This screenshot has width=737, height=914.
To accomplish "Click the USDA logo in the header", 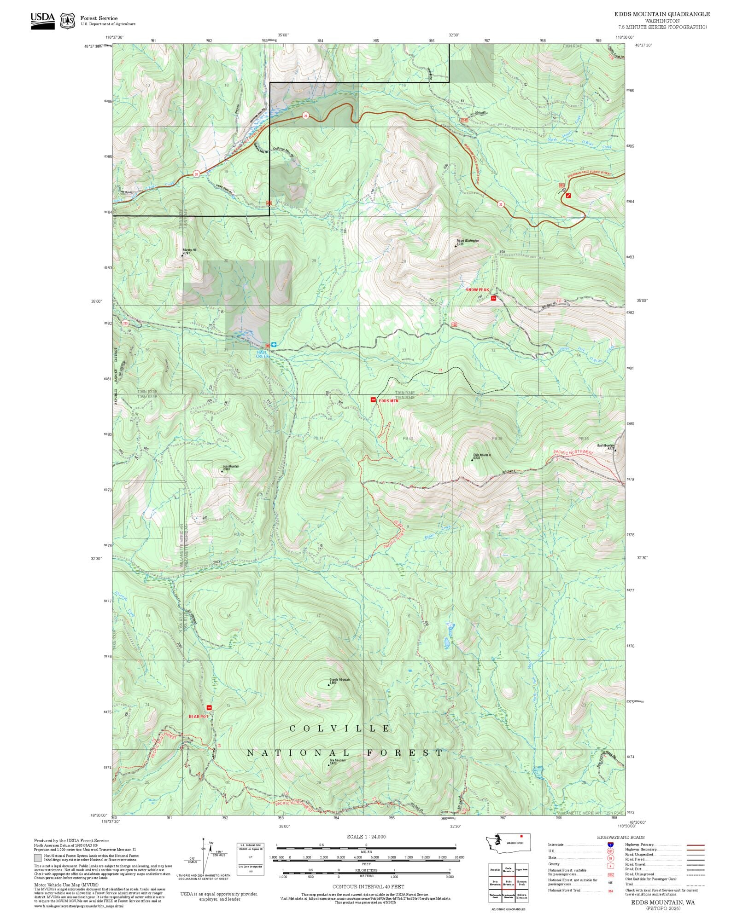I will pyautogui.click(x=42, y=21).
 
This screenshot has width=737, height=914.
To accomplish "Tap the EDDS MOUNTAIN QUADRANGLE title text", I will pyautogui.click(x=662, y=14).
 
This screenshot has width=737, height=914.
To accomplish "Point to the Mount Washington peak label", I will pyautogui.click(x=467, y=241).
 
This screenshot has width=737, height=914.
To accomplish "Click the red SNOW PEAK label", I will pyautogui.click(x=477, y=290).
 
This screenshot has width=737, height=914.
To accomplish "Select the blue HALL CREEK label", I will pyautogui.click(x=262, y=354).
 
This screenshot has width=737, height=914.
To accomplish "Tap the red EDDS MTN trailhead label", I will pyautogui.click(x=388, y=401).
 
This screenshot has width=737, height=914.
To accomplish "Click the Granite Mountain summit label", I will pyautogui.click(x=339, y=680).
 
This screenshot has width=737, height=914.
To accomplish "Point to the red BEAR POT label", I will pyautogui.click(x=199, y=717).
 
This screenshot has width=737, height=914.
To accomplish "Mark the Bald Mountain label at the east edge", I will pyautogui.click(x=606, y=445).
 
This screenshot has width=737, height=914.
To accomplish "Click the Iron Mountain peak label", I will pyautogui.click(x=231, y=467).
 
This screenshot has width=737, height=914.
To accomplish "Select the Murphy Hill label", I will pyautogui.click(x=189, y=250).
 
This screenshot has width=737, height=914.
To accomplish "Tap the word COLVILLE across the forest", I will pyautogui.click(x=340, y=729).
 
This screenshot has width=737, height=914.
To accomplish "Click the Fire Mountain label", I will pyautogui.click(x=337, y=760).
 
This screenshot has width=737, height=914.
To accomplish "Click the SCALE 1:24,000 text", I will pyautogui.click(x=366, y=837).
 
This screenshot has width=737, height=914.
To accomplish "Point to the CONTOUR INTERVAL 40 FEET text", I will pyautogui.click(x=368, y=886).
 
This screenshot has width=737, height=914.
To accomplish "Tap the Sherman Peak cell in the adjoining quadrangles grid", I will pyautogui.click(x=521, y=882).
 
